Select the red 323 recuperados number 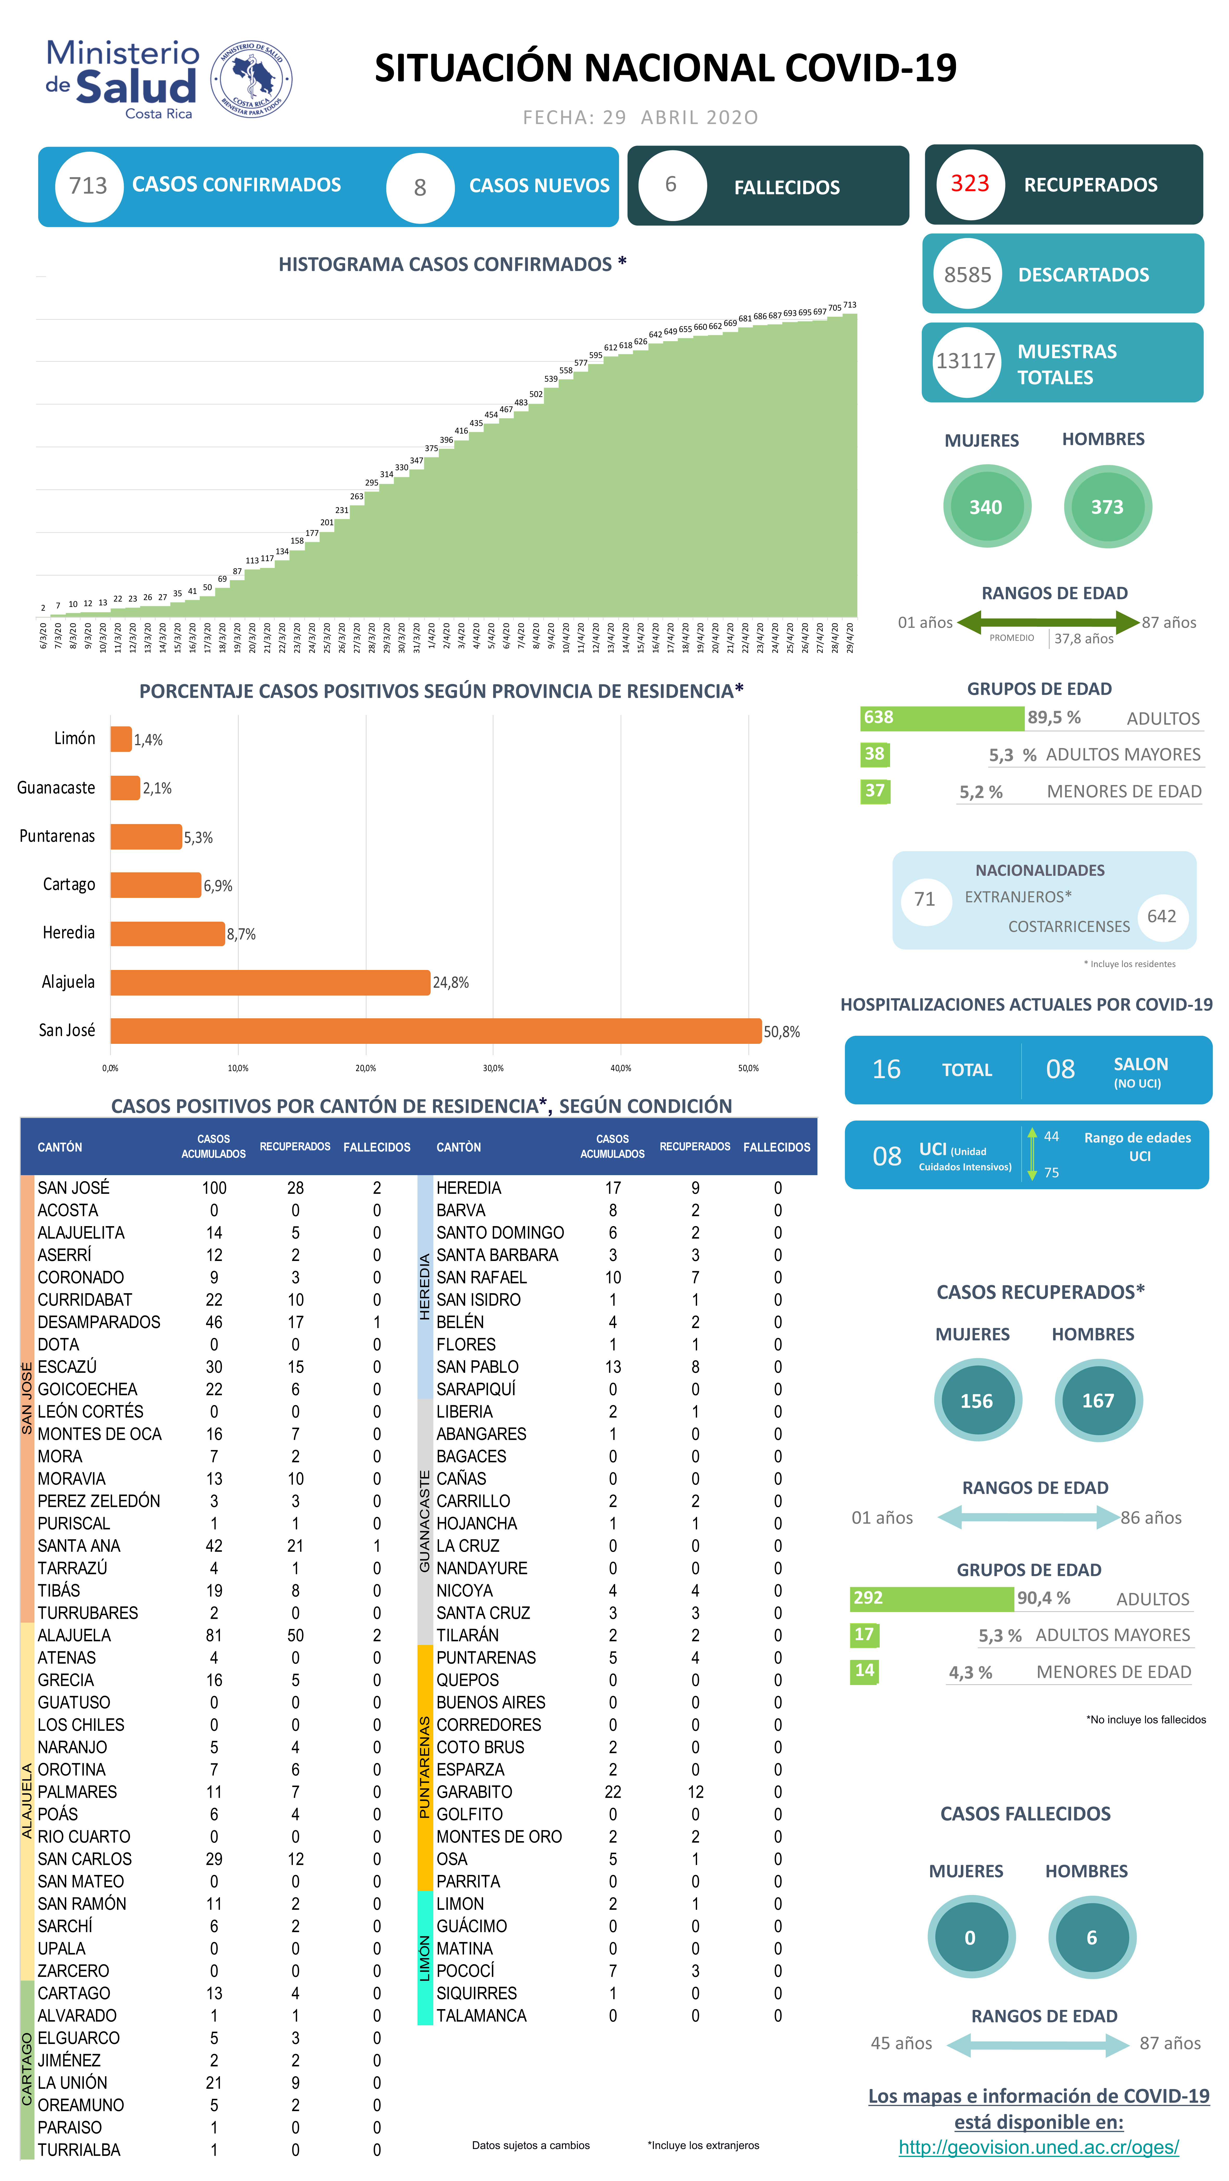click(x=970, y=184)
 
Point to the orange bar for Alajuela click(x=270, y=982)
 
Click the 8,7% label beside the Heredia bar click(x=241, y=934)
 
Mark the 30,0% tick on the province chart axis click(x=493, y=1069)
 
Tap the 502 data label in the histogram click(x=536, y=394)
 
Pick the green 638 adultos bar click(x=941, y=718)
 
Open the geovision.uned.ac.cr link click(x=1038, y=2147)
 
